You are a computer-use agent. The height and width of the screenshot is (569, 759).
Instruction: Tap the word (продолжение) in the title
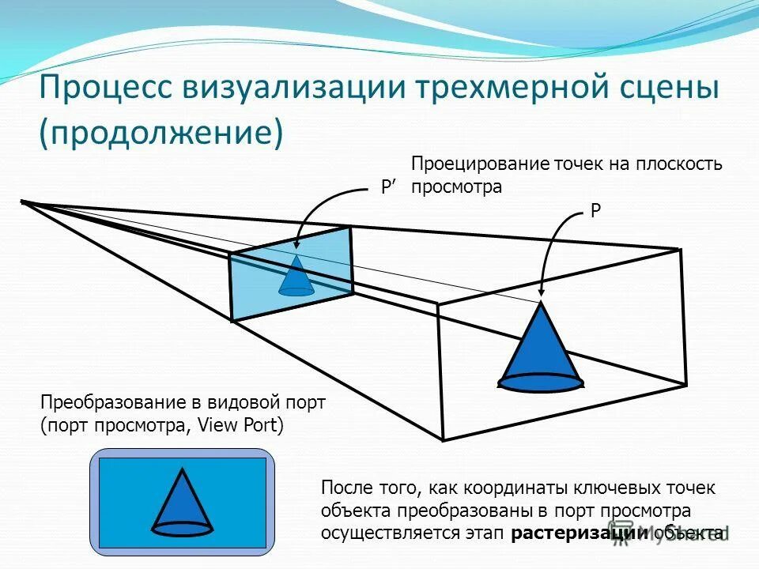coord(161,133)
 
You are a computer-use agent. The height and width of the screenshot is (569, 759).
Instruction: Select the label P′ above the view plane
coord(388,187)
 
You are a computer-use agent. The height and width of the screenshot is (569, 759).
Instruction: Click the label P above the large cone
coord(595,212)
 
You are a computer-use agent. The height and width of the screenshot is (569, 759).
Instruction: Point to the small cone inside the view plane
coord(296,277)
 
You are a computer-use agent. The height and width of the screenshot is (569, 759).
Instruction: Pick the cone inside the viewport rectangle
coord(182,502)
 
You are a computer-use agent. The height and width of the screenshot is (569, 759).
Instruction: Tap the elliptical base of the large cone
coord(541,383)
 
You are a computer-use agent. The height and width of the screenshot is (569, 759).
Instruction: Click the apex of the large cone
coord(541,303)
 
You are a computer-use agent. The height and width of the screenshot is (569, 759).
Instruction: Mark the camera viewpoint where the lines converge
coord(23,202)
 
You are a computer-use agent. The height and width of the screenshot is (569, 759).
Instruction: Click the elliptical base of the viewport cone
coord(182,527)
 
